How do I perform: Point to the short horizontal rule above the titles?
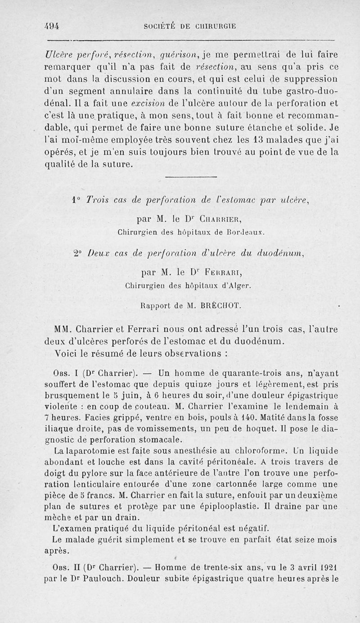194,176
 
